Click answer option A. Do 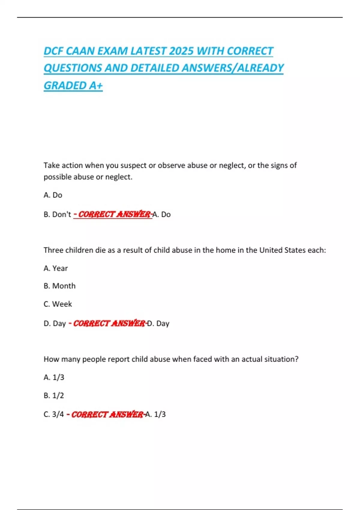pyautogui.click(x=53, y=195)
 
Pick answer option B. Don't pyautogui.click(x=57, y=214)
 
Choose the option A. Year pyautogui.click(x=56, y=268)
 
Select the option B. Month pyautogui.click(x=59, y=286)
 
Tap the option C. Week pyautogui.click(x=58, y=304)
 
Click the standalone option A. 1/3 pyautogui.click(x=54, y=377)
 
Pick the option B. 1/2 pyautogui.click(x=54, y=395)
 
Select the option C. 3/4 pyautogui.click(x=54, y=414)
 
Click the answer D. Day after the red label pyautogui.click(x=158, y=323)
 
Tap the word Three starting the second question pyautogui.click(x=53, y=250)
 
